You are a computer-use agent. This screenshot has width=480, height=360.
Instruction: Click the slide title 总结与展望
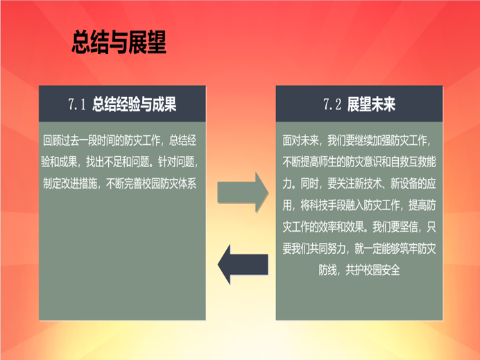click(119, 42)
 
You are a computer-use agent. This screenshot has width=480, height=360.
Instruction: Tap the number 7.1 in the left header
click(77, 104)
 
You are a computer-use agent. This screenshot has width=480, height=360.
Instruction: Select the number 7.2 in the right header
click(332, 104)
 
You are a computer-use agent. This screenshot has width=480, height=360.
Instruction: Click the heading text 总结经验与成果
click(134, 104)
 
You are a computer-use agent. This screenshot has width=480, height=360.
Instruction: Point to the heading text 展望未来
click(371, 104)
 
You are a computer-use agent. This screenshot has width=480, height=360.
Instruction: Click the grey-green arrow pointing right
click(243, 192)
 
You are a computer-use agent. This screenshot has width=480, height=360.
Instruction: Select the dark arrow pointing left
click(243, 264)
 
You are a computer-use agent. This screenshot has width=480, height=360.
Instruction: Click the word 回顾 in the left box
click(52, 141)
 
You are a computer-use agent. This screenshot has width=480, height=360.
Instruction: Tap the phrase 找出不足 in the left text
click(104, 162)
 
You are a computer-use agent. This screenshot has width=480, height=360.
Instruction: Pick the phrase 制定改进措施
click(70, 184)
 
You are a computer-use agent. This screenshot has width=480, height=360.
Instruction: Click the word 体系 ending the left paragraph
click(187, 184)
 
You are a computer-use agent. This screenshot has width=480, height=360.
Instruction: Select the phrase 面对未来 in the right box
click(300, 141)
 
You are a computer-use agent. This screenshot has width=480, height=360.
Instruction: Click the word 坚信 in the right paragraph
click(409, 227)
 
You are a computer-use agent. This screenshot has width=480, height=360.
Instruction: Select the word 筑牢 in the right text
click(409, 248)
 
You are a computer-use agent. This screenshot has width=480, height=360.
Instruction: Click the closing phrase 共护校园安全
click(372, 270)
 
